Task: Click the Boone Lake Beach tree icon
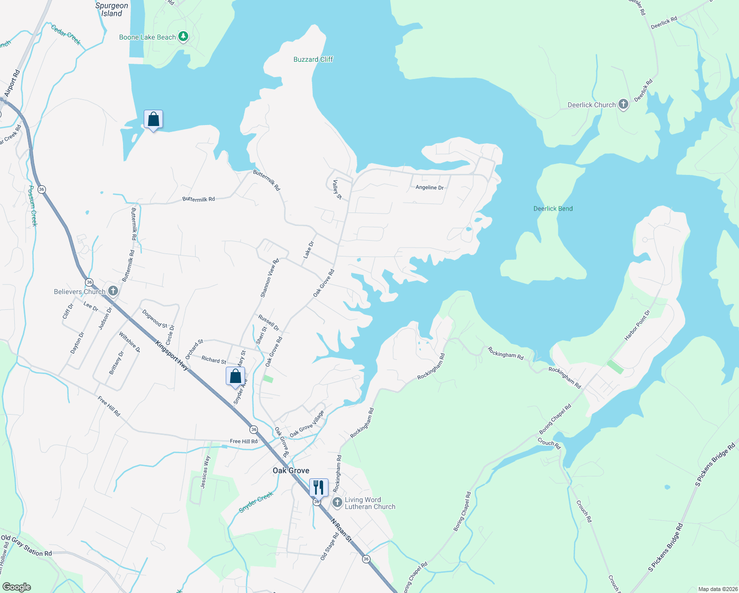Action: pyautogui.click(x=183, y=37)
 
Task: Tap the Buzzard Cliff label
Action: pyautogui.click(x=313, y=59)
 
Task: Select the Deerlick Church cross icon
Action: pyautogui.click(x=623, y=104)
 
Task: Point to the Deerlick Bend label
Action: pyautogui.click(x=553, y=209)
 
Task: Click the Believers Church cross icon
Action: pyautogui.click(x=113, y=291)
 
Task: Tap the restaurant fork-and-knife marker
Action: pyautogui.click(x=319, y=487)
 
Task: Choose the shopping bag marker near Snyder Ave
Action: pyautogui.click(x=236, y=376)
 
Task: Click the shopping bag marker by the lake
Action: pyautogui.click(x=153, y=119)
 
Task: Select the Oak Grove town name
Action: pyautogui.click(x=291, y=470)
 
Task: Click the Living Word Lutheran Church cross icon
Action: pyautogui.click(x=337, y=503)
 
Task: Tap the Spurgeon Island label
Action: pyautogui.click(x=112, y=9)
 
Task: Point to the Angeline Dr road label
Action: pyautogui.click(x=429, y=188)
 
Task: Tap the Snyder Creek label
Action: pyautogui.click(x=256, y=503)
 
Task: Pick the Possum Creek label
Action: pyautogui.click(x=32, y=206)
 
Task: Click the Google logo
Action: pyautogui.click(x=16, y=587)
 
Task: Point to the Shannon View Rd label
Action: pyautogui.click(x=270, y=278)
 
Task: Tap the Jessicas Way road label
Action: pyautogui.click(x=205, y=472)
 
